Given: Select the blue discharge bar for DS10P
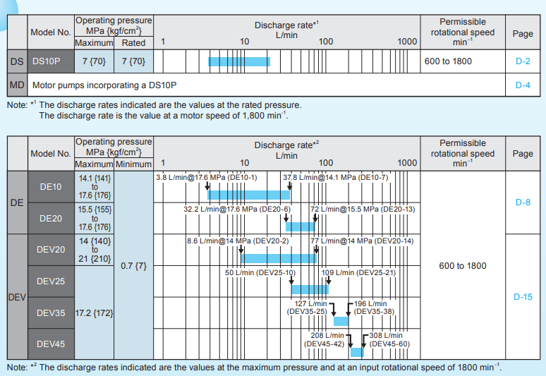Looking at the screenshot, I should [239, 61].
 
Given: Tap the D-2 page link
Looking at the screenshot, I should [523, 61].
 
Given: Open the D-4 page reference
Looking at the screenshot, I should [523, 85].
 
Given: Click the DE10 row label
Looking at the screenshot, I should [51, 187].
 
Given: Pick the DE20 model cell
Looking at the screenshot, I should [51, 219].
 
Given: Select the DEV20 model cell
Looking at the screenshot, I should [51, 249].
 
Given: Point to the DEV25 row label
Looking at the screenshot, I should [51, 281].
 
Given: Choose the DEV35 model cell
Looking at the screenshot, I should [51, 312].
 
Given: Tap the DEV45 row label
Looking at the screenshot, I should [51, 344].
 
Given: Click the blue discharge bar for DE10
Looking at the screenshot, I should [248, 194].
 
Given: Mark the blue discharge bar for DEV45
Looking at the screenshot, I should [357, 351].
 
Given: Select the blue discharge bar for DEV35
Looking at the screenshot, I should [341, 321].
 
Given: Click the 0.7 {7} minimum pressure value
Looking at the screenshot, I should [134, 267].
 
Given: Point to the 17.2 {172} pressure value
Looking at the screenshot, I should [94, 312].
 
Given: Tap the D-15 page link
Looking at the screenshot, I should [523, 297].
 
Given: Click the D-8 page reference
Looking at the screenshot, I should [523, 202].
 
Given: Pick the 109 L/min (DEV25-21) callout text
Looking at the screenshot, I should [358, 272].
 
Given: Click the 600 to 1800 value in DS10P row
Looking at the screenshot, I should [449, 61].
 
